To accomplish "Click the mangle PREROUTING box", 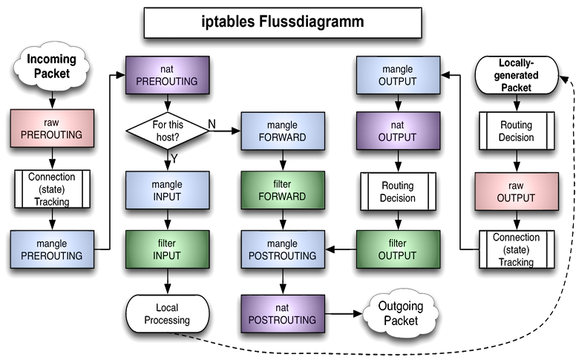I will tap(51, 249).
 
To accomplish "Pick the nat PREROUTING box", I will tap(166, 75).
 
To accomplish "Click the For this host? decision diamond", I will tap(166, 131).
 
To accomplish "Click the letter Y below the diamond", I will tap(175, 158).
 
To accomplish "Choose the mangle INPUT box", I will tap(166, 190).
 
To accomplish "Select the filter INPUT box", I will tap(166, 249).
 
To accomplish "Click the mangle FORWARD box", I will tap(283, 131).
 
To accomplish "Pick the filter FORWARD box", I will tap(283, 191).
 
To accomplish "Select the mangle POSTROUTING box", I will tap(283, 249).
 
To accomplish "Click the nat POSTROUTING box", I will tap(283, 312).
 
